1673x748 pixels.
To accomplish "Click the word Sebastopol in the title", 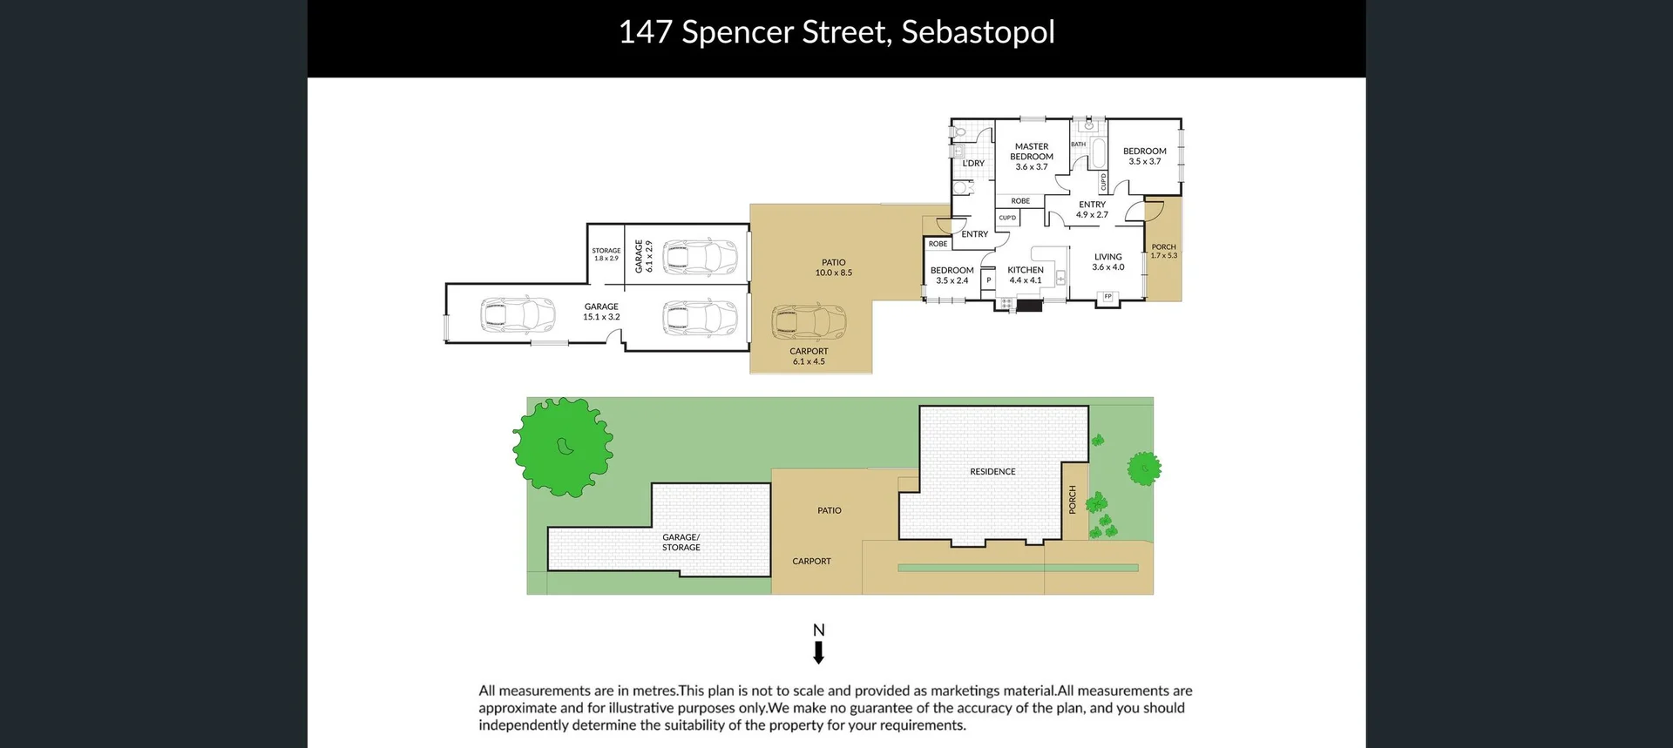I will click(x=978, y=32).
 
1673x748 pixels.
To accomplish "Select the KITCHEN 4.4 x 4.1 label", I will click(x=1026, y=275).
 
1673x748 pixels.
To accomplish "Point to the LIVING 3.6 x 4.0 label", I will click(x=1108, y=262).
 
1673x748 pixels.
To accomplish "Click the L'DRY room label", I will click(x=973, y=164).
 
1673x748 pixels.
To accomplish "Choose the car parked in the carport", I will click(x=809, y=322).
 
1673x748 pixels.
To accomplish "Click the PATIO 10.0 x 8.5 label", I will click(x=834, y=267).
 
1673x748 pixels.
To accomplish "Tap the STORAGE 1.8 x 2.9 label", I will click(x=606, y=254).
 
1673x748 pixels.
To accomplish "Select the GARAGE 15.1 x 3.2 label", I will click(x=601, y=312).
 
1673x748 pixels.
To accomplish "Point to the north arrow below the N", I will click(x=819, y=652).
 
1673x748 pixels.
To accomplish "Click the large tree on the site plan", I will click(x=563, y=447).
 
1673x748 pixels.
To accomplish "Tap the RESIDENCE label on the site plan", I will click(x=992, y=472).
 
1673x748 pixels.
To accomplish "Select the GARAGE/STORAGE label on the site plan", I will click(x=681, y=542).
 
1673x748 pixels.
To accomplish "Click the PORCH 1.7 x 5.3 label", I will click(x=1163, y=251).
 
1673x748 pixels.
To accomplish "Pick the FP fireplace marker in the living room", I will click(x=1108, y=297).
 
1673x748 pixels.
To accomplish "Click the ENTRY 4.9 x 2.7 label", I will click(x=1092, y=210).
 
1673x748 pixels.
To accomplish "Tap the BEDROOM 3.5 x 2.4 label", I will click(x=952, y=275).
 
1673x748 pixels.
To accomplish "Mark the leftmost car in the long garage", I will click(x=518, y=315).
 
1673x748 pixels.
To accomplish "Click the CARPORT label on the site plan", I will click(x=811, y=562).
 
